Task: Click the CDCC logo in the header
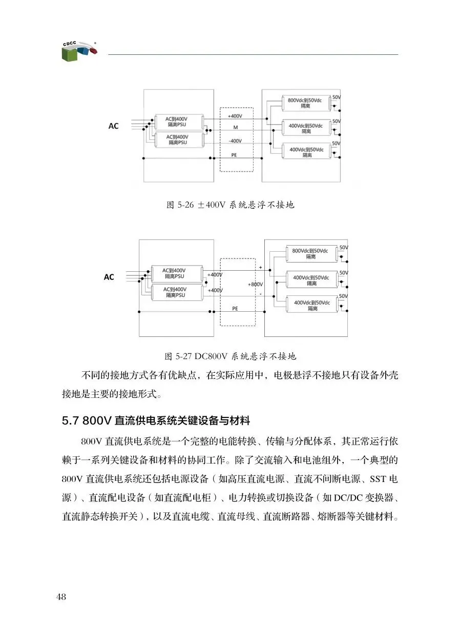[x=77, y=50]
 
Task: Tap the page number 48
[x=61, y=596]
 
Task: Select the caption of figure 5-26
[x=231, y=205]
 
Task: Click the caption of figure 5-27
[x=231, y=355]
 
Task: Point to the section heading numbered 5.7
[x=156, y=421]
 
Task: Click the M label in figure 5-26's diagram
[x=235, y=128]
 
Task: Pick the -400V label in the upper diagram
[x=235, y=141]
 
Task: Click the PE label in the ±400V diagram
[x=235, y=154]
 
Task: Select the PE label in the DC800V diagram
[x=235, y=309]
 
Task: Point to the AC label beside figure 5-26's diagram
[x=113, y=126]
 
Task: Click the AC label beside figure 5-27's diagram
[x=109, y=277]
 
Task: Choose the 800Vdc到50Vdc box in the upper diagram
[x=305, y=103]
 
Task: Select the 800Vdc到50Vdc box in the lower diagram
[x=310, y=253]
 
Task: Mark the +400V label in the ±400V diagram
[x=235, y=116]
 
